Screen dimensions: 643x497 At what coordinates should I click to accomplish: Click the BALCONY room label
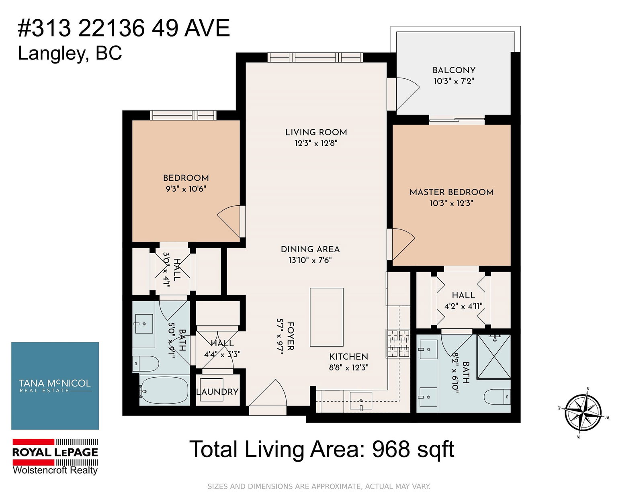tap(454, 70)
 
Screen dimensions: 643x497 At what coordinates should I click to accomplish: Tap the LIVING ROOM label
tap(316, 132)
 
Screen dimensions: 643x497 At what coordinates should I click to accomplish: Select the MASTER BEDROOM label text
tap(452, 192)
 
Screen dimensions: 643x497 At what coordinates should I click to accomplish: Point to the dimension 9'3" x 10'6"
tap(186, 189)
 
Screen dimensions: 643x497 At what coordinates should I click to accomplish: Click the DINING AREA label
tap(310, 249)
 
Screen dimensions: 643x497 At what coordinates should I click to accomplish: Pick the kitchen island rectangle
tap(326, 317)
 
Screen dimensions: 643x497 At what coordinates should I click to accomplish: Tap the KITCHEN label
tap(348, 356)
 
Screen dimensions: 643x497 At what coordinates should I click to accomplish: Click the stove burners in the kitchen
tap(398, 344)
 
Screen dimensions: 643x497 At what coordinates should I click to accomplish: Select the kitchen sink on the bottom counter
tap(361, 401)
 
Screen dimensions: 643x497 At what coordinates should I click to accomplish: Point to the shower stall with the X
tap(494, 357)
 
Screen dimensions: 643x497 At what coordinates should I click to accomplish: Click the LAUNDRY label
tap(217, 392)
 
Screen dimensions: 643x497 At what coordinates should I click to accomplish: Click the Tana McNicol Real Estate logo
tap(55, 386)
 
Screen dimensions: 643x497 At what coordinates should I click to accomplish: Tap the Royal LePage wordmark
tap(55, 452)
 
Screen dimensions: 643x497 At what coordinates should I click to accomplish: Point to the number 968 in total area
tap(391, 449)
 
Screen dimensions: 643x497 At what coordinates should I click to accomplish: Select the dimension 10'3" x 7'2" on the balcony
tap(454, 81)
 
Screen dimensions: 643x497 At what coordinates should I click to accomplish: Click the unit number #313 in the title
tap(44, 28)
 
